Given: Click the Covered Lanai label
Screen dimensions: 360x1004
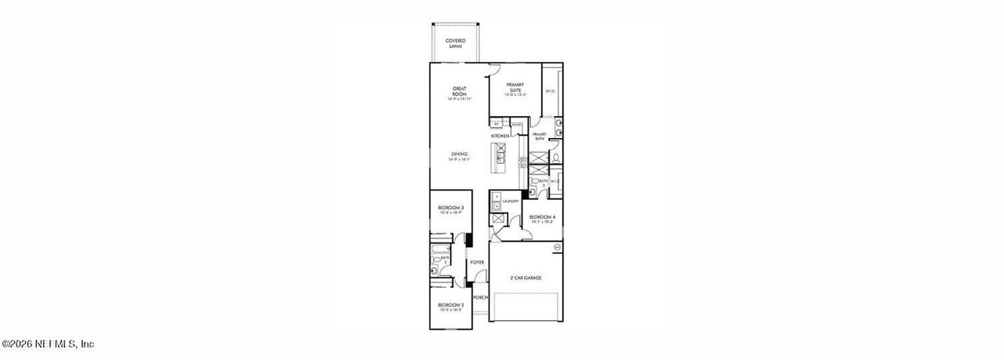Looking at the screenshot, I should (x=456, y=43).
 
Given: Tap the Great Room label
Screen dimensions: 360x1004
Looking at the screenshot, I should (x=460, y=93).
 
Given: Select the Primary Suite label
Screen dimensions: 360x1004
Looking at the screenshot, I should (x=515, y=89).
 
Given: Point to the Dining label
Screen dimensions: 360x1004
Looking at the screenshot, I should (x=460, y=156).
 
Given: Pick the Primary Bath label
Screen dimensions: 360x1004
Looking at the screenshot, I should (x=540, y=136).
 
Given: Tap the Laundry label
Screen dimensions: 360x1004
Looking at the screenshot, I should (x=511, y=202).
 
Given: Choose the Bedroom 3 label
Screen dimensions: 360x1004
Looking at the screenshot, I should (x=451, y=209).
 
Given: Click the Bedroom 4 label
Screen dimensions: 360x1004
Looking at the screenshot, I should (x=542, y=219).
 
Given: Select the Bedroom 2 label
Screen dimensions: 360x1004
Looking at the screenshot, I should (x=451, y=307).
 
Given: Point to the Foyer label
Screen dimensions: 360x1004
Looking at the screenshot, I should (x=478, y=262).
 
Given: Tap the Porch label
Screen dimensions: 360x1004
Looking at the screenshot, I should (x=480, y=297).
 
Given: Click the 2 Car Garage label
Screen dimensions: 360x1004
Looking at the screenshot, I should (x=526, y=278).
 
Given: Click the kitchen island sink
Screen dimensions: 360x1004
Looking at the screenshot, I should (x=500, y=157).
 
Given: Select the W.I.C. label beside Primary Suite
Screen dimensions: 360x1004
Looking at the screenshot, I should (x=551, y=92).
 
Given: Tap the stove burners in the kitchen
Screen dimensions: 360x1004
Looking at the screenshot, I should (x=522, y=162).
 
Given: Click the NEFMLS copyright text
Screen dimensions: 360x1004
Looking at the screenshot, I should (x=49, y=344).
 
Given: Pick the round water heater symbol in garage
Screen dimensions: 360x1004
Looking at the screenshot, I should (x=558, y=248).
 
